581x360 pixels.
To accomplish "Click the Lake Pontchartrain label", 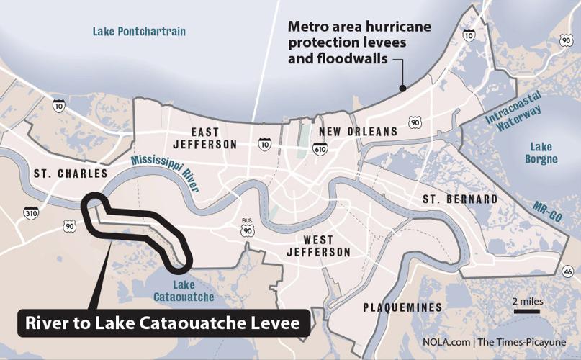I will pyautogui.click(x=139, y=31).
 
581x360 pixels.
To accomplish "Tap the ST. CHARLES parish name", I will pyautogui.click(x=70, y=174).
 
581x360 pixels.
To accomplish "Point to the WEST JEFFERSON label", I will pyautogui.click(x=317, y=246).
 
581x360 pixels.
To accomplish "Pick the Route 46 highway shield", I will pyautogui.click(x=567, y=270).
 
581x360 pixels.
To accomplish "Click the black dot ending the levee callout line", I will pyautogui.click(x=402, y=89).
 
